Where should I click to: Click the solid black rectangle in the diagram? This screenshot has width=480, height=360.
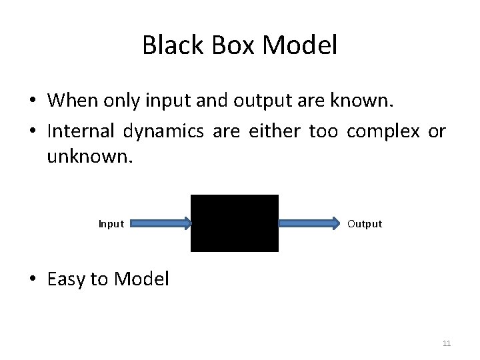(235, 223)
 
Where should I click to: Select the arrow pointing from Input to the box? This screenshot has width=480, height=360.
(160, 224)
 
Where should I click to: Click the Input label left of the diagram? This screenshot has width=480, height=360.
(111, 224)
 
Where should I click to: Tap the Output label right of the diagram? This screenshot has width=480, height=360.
(365, 224)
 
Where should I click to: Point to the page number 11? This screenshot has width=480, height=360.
(447, 343)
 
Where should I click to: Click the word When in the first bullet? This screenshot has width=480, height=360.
(70, 101)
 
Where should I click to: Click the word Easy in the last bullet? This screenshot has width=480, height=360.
(67, 279)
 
